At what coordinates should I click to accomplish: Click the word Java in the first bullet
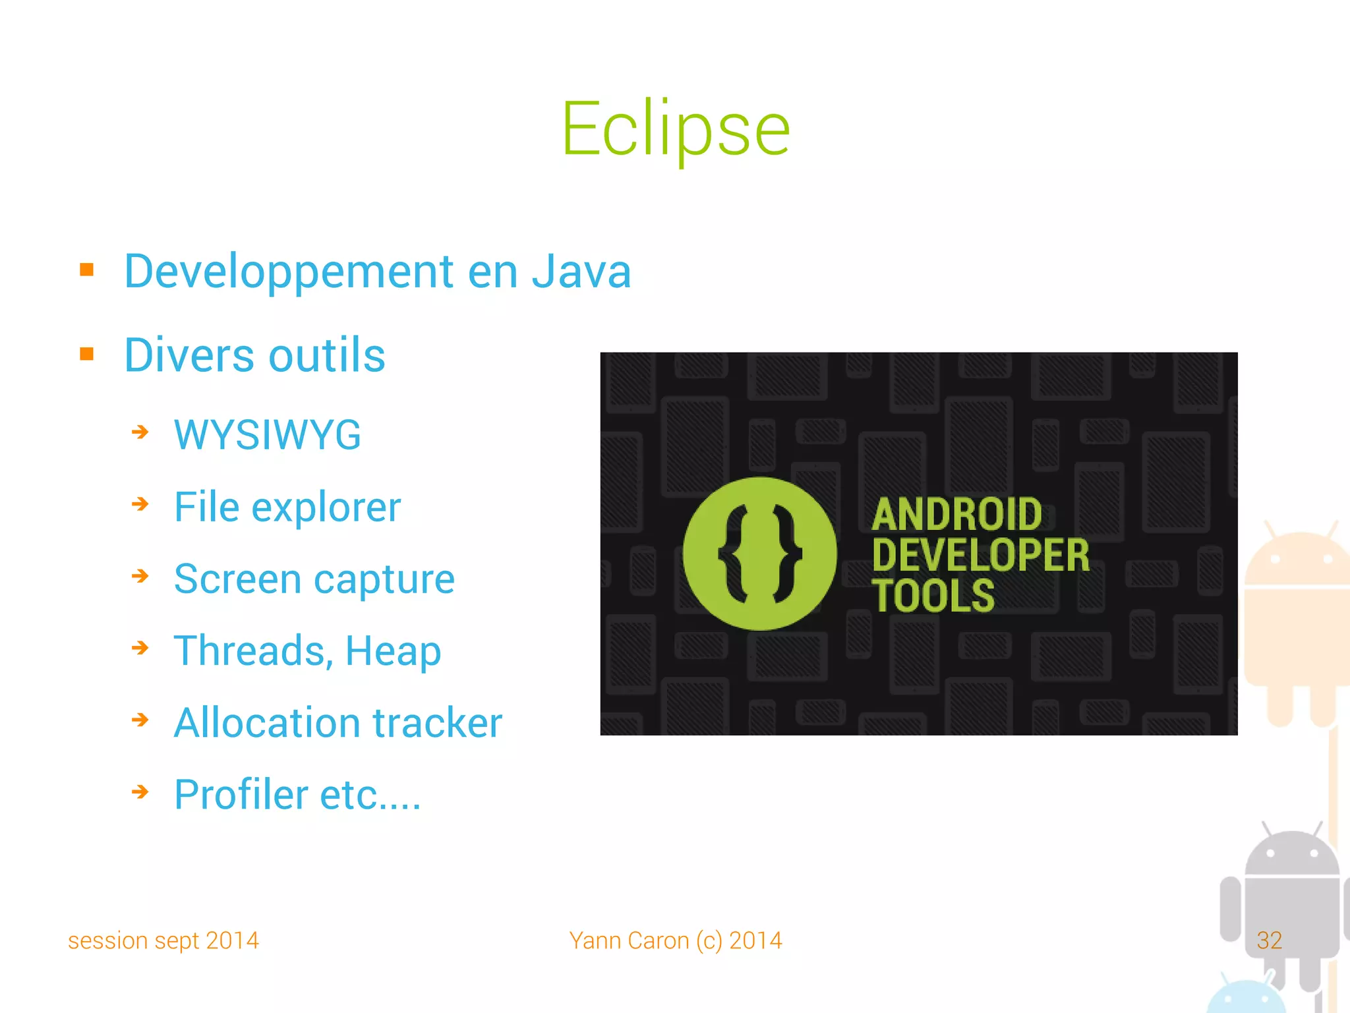coord(581,272)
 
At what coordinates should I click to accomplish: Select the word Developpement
coord(289,272)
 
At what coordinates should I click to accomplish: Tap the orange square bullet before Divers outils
coord(86,354)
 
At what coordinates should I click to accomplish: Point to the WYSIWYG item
coord(267,435)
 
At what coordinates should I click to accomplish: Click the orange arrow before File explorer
coord(140,505)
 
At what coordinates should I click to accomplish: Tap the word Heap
coord(393,651)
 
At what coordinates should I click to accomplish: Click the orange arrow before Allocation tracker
coord(140,720)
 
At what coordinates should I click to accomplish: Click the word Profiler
coord(241,794)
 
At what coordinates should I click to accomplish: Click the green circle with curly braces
coord(759,554)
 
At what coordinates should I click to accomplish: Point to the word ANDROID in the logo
coord(956,515)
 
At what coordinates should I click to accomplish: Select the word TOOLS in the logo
coord(933,596)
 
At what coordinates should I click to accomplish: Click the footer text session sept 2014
coord(163,941)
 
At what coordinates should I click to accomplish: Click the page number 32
coord(1269,941)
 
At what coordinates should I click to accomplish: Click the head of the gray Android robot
coord(1291,854)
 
